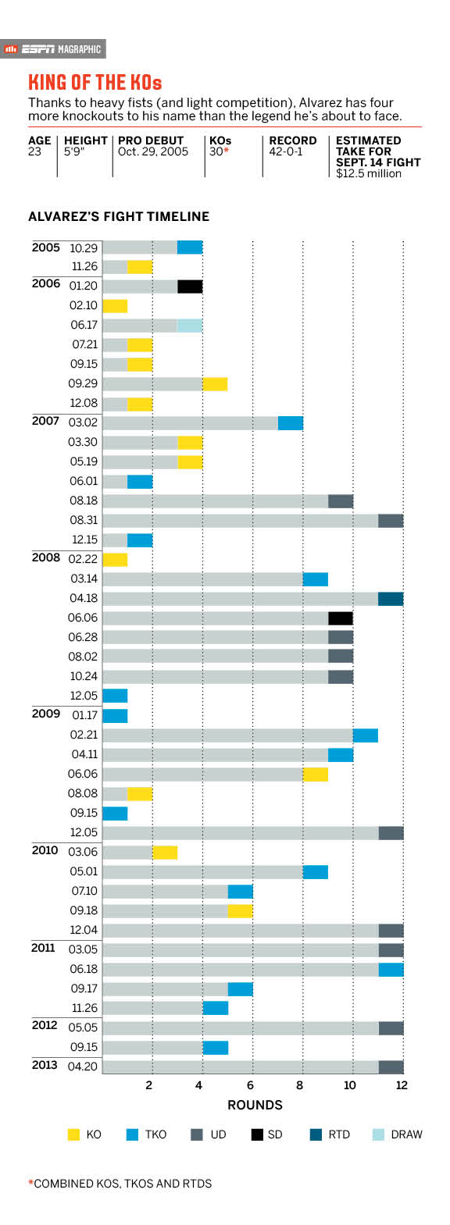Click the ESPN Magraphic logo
[53, 49]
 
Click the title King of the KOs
[95, 83]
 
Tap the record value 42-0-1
[286, 151]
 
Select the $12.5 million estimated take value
[369, 173]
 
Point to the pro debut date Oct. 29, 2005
[153, 151]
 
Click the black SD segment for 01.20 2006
[190, 286]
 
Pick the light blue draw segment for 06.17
[190, 326]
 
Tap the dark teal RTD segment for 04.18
[391, 599]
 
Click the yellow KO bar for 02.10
[115, 306]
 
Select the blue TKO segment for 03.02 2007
[291, 423]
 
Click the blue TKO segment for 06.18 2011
[391, 970]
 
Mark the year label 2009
[46, 714]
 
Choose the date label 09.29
[83, 383]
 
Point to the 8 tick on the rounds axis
[299, 1085]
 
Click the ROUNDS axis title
[255, 1106]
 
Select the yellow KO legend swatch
[73, 1134]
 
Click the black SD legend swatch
[257, 1134]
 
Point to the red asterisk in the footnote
[30, 1183]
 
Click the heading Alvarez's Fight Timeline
[119, 216]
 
